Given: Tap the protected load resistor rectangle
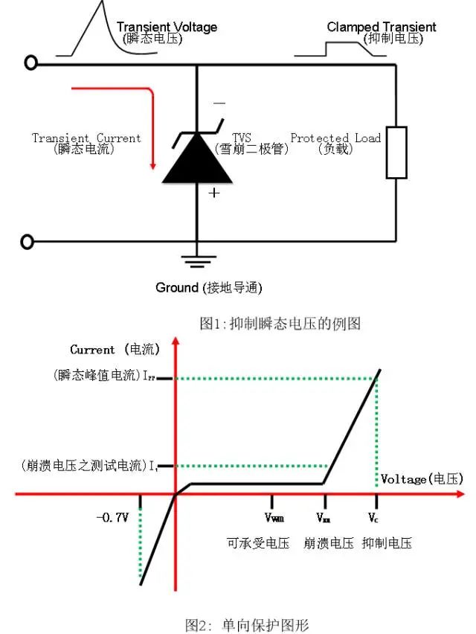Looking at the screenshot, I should [x=396, y=153].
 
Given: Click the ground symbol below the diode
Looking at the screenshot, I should [x=196, y=260].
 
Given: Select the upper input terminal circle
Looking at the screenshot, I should [x=30, y=63].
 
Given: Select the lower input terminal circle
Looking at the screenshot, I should [x=29, y=241].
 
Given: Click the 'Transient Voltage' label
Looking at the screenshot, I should [x=167, y=28].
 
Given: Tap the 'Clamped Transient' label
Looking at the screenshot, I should [x=382, y=28].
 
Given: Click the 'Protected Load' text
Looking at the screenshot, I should [x=335, y=138].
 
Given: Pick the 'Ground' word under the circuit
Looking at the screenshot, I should [x=176, y=287].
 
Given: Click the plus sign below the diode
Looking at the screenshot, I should [x=214, y=193].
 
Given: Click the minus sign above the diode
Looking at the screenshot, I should [x=219, y=103].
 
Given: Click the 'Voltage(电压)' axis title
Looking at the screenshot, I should [x=421, y=478].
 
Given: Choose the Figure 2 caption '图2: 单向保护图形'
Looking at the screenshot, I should [x=246, y=624].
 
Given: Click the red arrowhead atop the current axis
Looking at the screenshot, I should [x=176, y=343].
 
